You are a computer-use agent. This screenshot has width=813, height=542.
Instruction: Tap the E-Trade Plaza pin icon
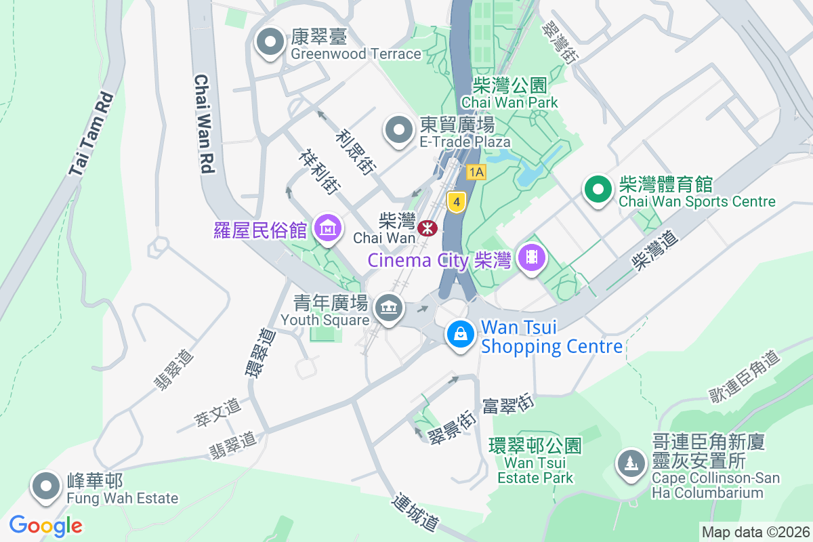point(399,130)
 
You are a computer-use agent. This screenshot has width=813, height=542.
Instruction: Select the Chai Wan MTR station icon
point(428,228)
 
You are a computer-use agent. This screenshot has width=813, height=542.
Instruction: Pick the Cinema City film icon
point(532,257)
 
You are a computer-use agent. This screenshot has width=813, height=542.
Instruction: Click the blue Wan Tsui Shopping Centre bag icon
point(461,334)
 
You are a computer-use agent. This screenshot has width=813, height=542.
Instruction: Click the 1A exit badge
point(476,172)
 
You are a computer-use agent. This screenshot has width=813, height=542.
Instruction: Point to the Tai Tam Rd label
point(91,135)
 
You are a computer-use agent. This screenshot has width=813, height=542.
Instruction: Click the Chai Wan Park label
point(509,93)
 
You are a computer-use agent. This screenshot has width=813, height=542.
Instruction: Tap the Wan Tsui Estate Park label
point(535,461)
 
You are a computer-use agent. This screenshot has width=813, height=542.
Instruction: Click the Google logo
point(46,526)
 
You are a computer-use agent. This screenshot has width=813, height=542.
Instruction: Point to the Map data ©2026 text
point(755,532)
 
